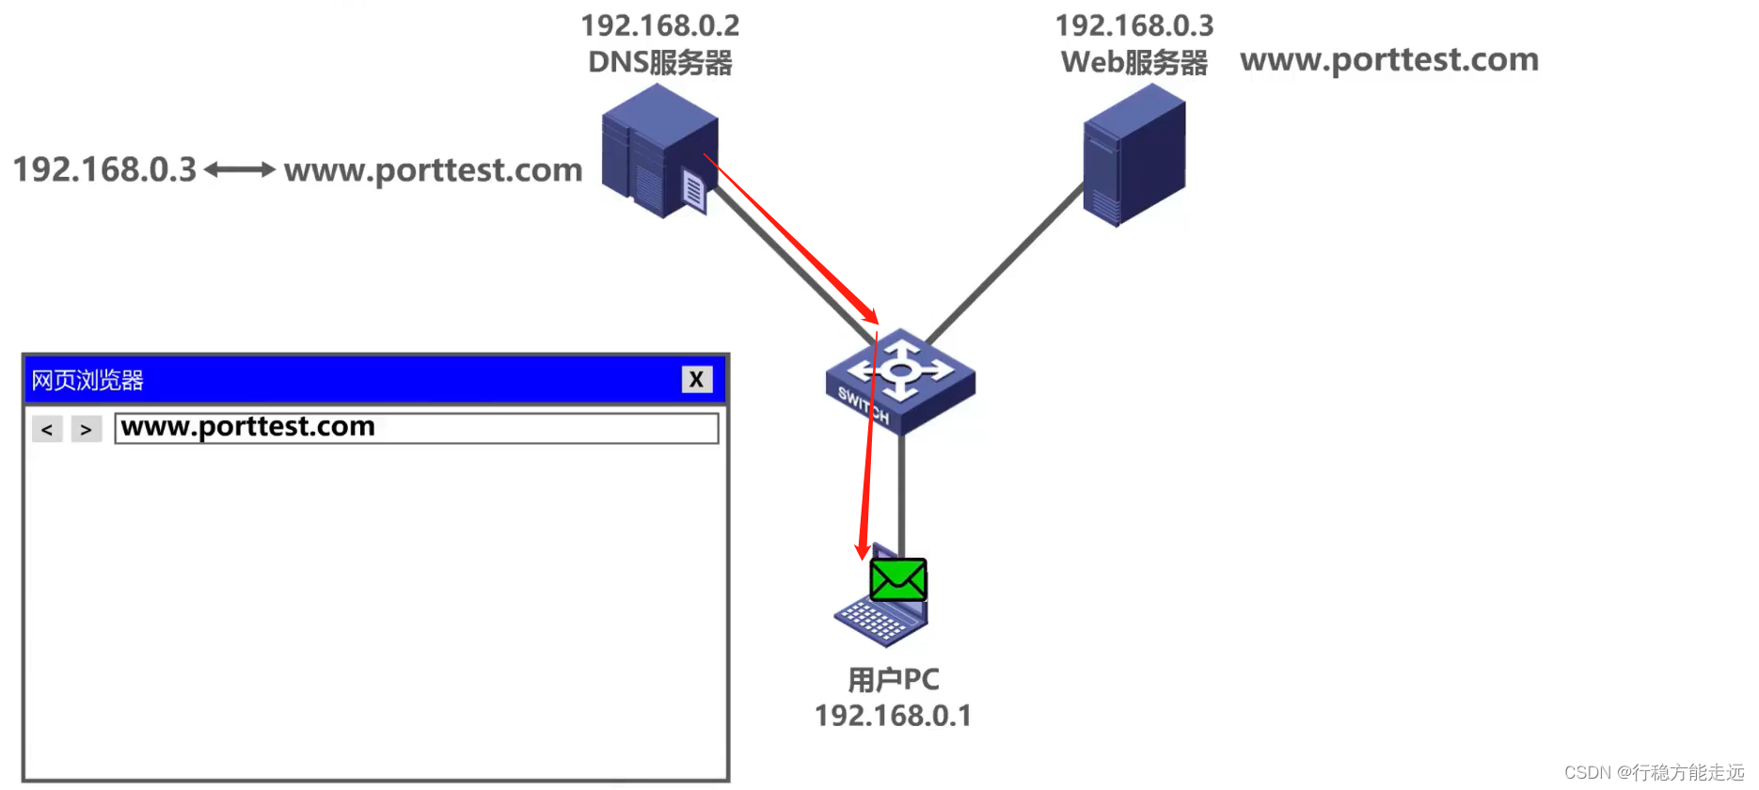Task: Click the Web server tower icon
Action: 1133,155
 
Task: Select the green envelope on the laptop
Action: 898,580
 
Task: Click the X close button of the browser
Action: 696,379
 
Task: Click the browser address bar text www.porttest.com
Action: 248,427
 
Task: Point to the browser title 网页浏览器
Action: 87,380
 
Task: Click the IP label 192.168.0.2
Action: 660,25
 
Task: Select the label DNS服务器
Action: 660,63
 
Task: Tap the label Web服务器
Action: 1134,63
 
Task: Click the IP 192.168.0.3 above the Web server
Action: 1134,25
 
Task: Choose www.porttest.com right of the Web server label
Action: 1389,60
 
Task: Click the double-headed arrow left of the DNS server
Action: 240,170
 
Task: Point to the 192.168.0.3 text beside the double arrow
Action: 104,170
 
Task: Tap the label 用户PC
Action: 894,679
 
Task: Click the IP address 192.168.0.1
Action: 894,716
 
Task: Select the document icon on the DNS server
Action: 693,191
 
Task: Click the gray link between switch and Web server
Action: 1005,263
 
